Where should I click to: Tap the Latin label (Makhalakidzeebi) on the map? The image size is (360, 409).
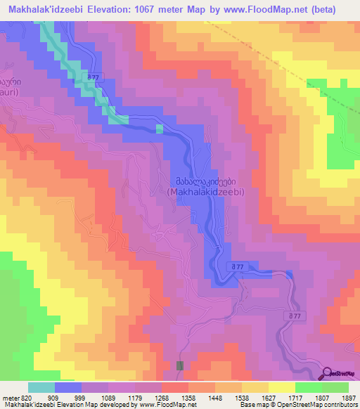coord(205,190)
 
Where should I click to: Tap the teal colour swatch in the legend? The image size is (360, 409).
coord(41,387)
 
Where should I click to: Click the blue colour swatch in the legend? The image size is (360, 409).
coord(68,387)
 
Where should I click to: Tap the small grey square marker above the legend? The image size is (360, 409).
coord(180,365)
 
